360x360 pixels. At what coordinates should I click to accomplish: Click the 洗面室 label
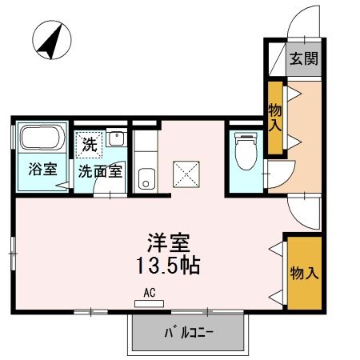click(x=99, y=170)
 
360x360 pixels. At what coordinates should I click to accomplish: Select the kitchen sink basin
click(x=146, y=178)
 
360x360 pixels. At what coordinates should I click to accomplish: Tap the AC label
click(x=150, y=292)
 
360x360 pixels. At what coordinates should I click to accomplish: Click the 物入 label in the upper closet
click(x=276, y=118)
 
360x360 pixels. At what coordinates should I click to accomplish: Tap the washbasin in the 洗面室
click(x=116, y=137)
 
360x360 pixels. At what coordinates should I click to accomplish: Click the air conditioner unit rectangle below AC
click(x=150, y=303)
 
